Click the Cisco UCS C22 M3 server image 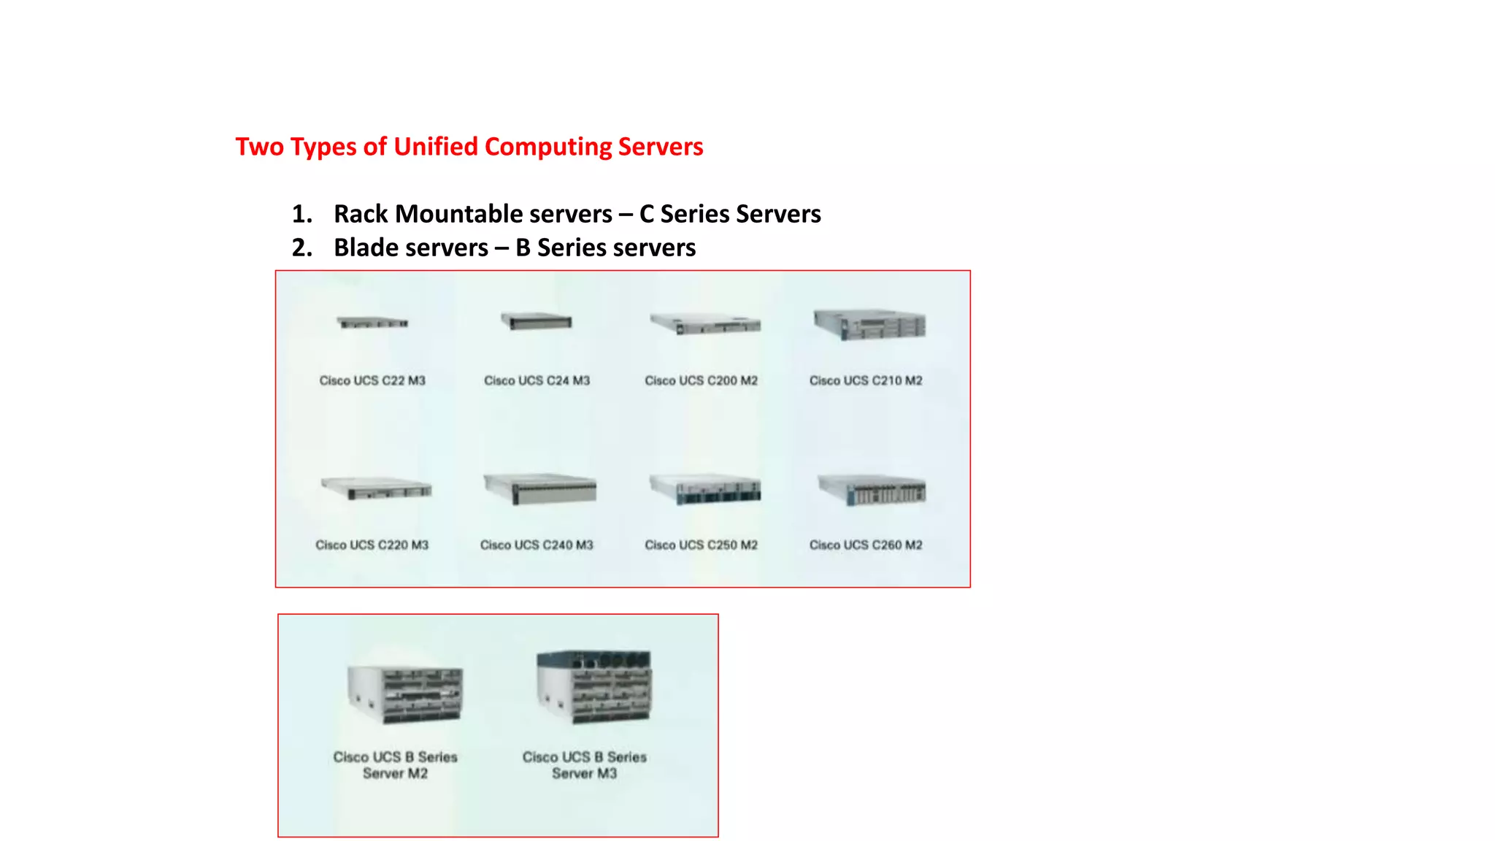coord(372,323)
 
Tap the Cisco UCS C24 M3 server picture coord(537,322)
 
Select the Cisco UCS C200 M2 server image coord(705,324)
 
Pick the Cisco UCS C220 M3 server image coord(376,488)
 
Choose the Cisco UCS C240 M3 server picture coord(539,488)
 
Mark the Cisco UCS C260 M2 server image coord(872,490)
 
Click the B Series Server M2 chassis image coord(404,694)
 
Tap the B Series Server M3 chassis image coord(593,687)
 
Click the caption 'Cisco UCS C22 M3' coord(372,380)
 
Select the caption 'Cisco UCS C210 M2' coord(866,380)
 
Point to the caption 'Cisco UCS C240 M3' coord(537,545)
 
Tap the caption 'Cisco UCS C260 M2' coord(866,545)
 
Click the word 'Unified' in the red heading coord(436,147)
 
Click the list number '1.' coord(301,214)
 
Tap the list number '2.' coord(301,247)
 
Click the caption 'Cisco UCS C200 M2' coord(701,380)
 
